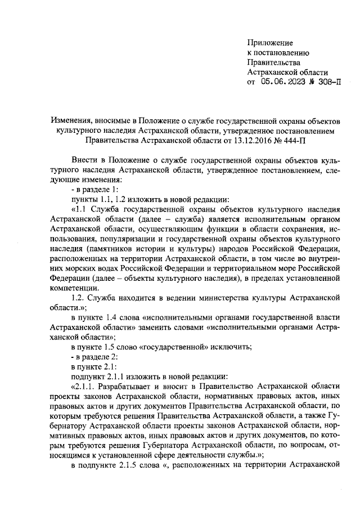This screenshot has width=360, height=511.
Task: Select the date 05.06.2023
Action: [284, 82]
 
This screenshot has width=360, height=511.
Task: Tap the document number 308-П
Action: [327, 82]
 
